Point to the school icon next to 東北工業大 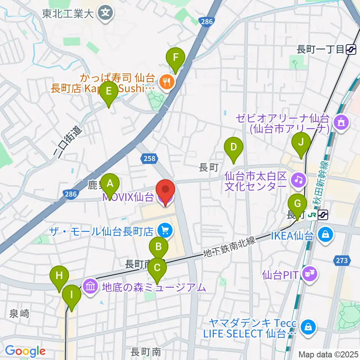105,14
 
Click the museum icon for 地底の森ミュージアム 90,287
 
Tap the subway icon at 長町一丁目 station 351,49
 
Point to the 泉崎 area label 19,313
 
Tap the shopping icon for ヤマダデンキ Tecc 308,327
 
